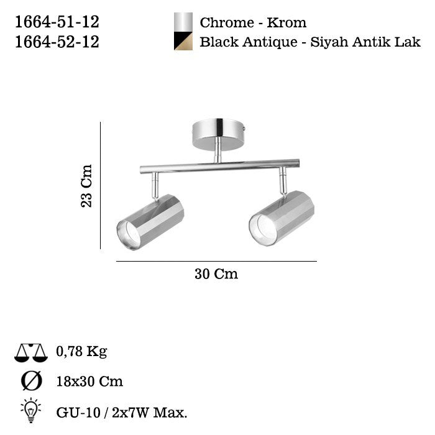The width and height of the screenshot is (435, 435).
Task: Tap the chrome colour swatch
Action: pos(183,22)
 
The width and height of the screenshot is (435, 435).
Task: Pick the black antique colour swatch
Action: pos(183,41)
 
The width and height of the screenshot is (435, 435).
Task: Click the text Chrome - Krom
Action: pos(252,23)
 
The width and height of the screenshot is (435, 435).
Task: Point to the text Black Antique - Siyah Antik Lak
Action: pos(309,42)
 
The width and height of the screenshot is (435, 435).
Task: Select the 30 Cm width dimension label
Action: pos(216,274)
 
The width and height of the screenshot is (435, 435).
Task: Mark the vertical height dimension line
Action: pos(100,186)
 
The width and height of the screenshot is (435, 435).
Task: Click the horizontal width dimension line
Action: pos(216,262)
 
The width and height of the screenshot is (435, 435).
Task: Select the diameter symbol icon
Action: pos(30,381)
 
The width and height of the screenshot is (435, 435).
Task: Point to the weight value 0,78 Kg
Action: pos(81,352)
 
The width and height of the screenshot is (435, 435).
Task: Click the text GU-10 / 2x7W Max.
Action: pos(121,411)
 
